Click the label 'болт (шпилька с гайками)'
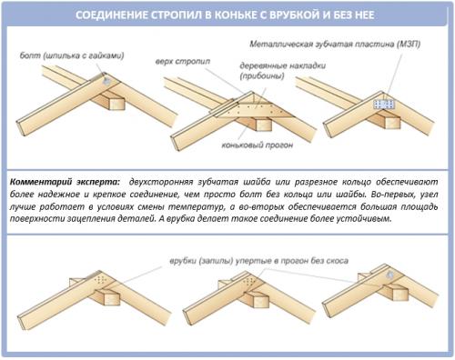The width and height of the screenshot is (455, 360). pyautogui.click(x=72, y=55)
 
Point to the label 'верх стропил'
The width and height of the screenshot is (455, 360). pyautogui.click(x=183, y=62)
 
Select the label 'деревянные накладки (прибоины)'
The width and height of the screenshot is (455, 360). pyautogui.click(x=282, y=71)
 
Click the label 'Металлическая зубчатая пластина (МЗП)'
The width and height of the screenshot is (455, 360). pyautogui.click(x=335, y=45)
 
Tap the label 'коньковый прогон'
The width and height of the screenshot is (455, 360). pyautogui.click(x=258, y=145)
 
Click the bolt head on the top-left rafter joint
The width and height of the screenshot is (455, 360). pyautogui.click(x=106, y=80)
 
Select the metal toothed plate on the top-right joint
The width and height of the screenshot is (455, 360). pyautogui.click(x=384, y=105)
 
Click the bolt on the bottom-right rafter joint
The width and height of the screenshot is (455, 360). pyautogui.click(x=390, y=275)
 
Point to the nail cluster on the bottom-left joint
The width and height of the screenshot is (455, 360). pyautogui.click(x=100, y=280)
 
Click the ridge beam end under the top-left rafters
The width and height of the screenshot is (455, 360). pyautogui.click(x=116, y=104)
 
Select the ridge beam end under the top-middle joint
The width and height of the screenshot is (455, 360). pyautogui.click(x=263, y=125)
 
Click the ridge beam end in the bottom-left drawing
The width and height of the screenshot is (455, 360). pyautogui.click(x=112, y=298)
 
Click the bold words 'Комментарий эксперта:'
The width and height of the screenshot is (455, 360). pyautogui.click(x=65, y=182)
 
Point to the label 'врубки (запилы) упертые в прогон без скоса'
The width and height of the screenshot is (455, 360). pyautogui.click(x=258, y=261)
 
